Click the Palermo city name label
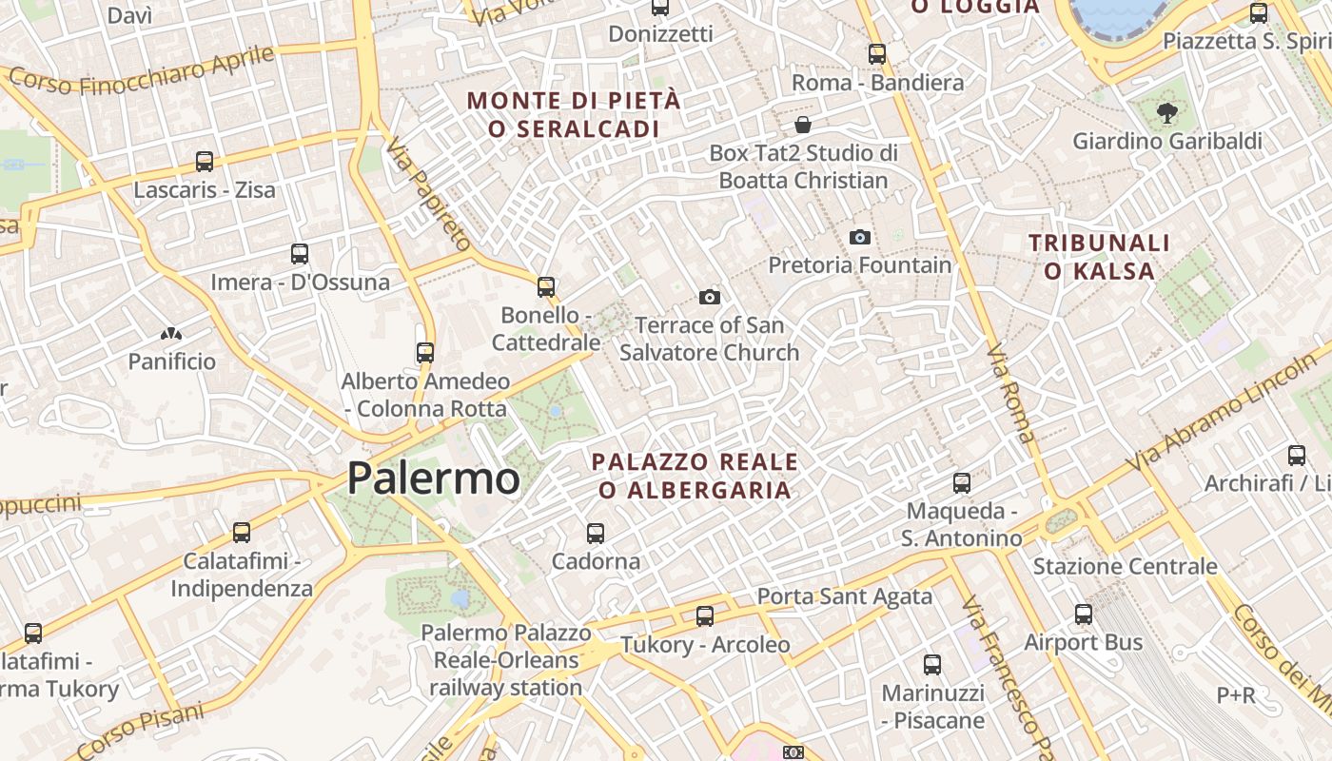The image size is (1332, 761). pos(433,478)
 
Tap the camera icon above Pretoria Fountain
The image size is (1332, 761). pos(860,237)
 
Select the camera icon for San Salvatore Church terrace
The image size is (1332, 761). pos(709,298)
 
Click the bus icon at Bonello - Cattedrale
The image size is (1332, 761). pos(546,286)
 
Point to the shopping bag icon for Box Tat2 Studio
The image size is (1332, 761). pos(803,125)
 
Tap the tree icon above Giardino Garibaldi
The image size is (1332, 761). pos(1165,113)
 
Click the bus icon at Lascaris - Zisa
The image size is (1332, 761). pos(204,162)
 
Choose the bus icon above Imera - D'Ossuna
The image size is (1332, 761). pos(300,254)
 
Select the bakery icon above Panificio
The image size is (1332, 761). pos(171,334)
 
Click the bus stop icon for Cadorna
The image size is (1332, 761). pos(596,533)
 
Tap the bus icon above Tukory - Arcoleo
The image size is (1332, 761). pos(705,616)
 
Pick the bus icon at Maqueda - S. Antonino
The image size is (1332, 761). pos(962,483)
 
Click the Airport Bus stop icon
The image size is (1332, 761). pos(1083,615)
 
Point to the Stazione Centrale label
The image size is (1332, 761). pos(1125,567)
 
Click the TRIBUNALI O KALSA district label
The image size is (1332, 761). pos(1099,257)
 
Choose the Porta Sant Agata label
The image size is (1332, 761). pos(844,596)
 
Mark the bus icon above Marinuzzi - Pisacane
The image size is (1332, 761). pos(932,664)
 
